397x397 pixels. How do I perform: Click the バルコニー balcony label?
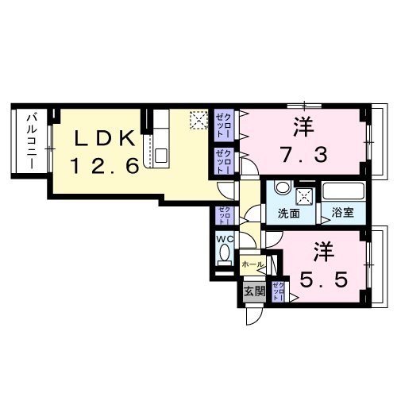[x=32, y=141]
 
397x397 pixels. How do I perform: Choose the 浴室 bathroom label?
[x=343, y=214]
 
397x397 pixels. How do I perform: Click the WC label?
[x=223, y=237]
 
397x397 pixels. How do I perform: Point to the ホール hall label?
[x=252, y=264]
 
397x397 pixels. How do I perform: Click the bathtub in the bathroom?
[x=343, y=192]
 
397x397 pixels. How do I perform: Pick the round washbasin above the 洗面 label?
[x=280, y=190]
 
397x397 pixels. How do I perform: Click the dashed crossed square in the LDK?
[x=198, y=121]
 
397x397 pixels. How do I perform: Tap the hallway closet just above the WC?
[x=223, y=215]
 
